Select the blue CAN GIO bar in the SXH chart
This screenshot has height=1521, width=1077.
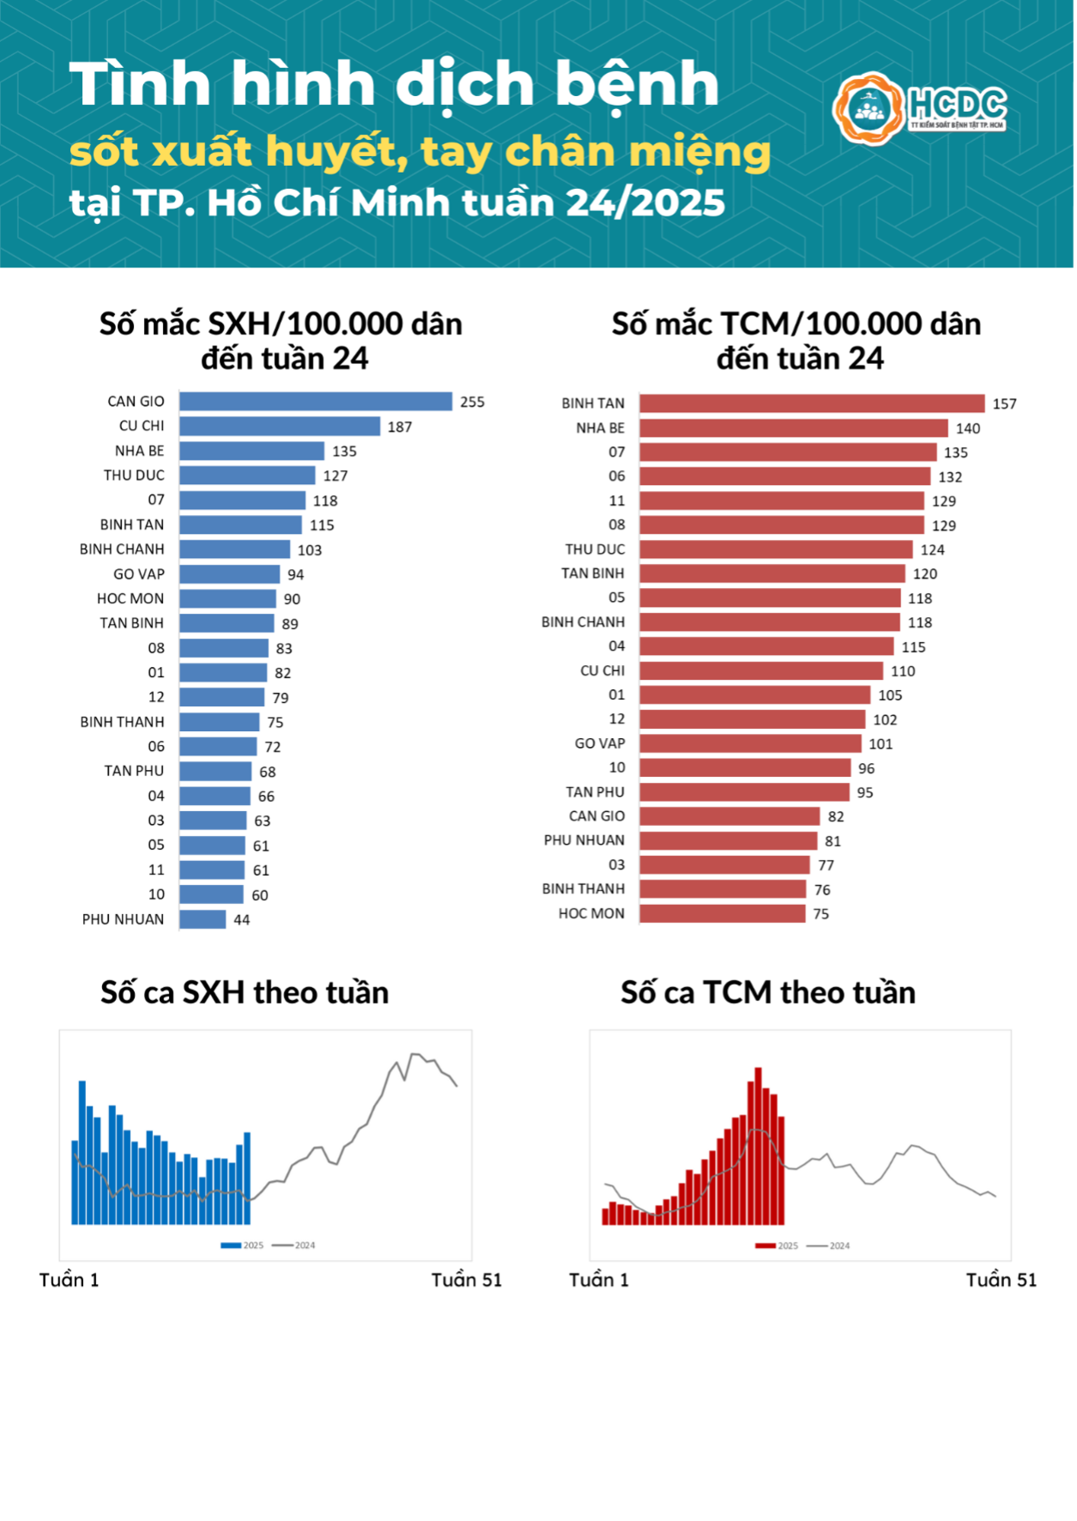[315, 401]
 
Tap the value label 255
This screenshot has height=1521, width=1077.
[472, 402]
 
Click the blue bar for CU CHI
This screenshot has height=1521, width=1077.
[279, 426]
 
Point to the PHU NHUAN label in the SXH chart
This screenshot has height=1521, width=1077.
[123, 919]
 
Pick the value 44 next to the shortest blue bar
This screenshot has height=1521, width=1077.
[242, 920]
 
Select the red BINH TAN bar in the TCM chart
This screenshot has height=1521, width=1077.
[811, 403]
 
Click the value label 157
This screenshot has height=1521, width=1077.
[1004, 404]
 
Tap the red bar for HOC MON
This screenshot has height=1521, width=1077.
[722, 914]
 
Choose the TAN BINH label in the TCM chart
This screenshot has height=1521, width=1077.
[593, 573]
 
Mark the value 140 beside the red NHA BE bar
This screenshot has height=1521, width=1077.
[968, 428]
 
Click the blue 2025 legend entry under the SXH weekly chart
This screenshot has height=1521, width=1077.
[242, 1245]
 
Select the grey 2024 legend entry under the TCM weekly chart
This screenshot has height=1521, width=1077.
[828, 1246]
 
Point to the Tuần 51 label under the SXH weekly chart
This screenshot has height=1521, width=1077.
[466, 1281]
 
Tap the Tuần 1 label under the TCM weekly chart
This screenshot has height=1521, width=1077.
[599, 1281]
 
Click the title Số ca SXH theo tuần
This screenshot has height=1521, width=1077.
[245, 993]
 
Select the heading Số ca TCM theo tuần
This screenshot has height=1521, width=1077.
[768, 993]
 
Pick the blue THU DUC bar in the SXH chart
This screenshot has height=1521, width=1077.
[247, 476]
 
